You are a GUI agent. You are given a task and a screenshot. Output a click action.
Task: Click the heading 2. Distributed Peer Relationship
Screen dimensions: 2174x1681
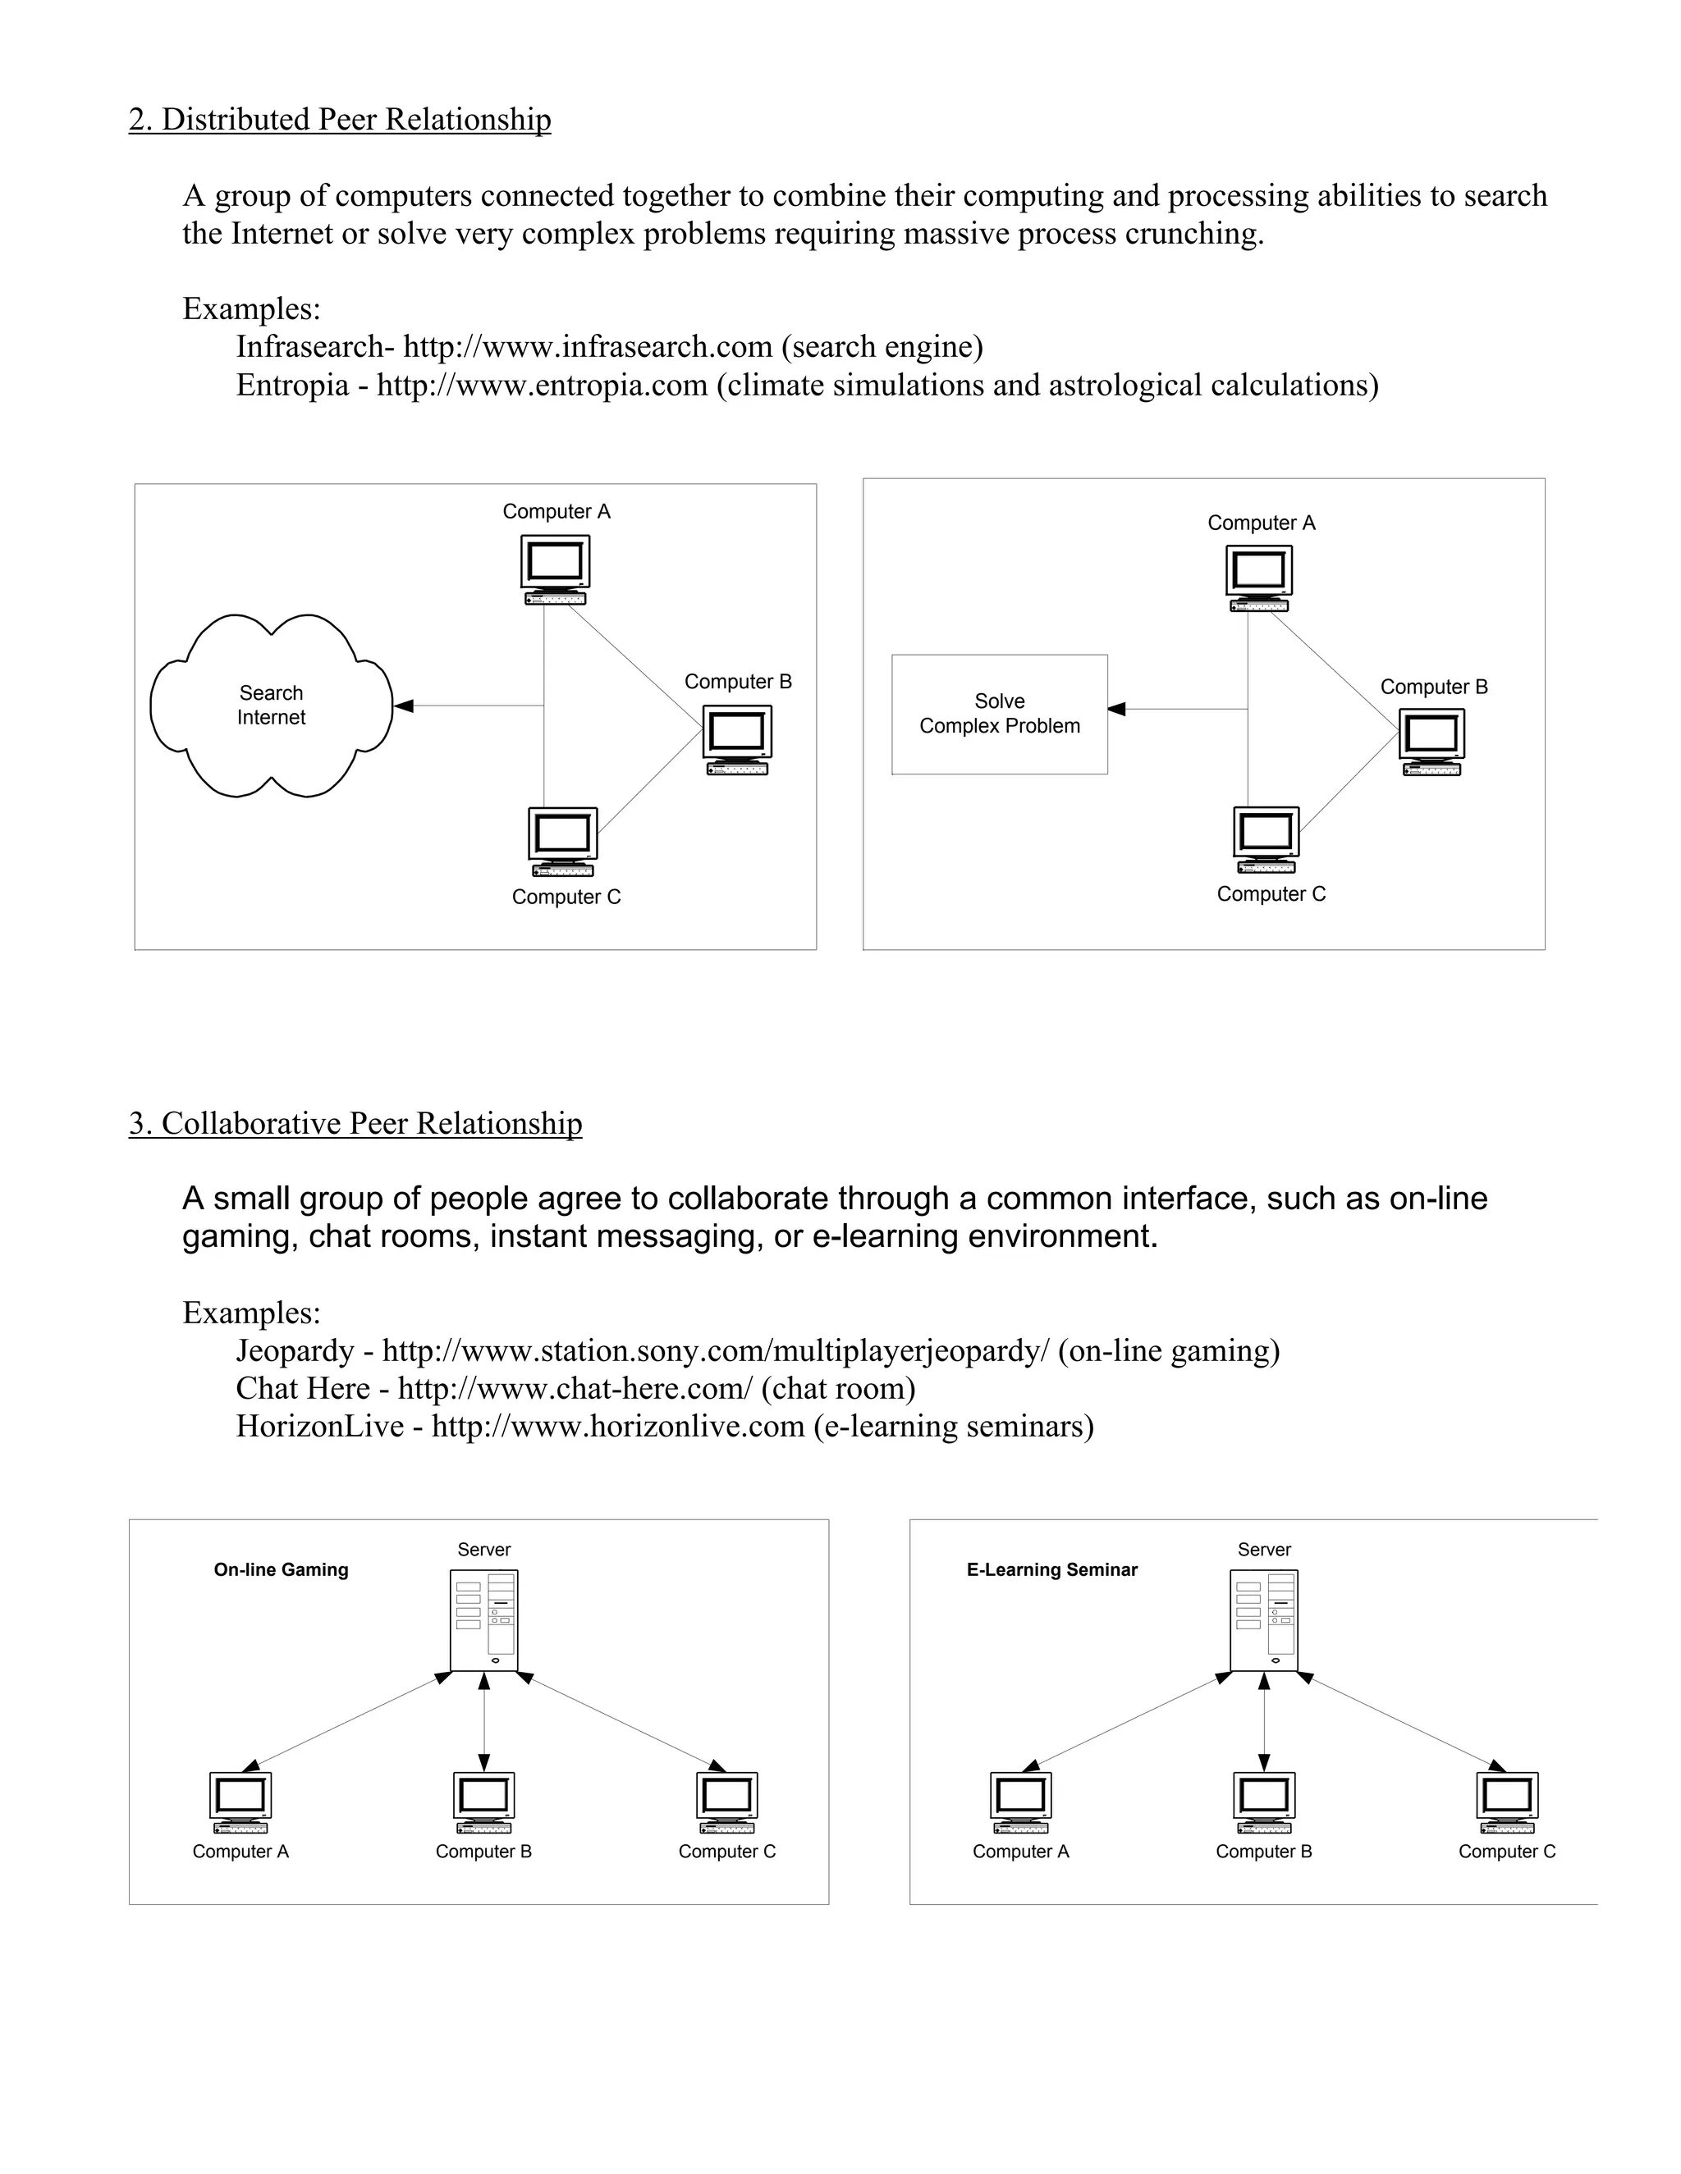(x=340, y=120)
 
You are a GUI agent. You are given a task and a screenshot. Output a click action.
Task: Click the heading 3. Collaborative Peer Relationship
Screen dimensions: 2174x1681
(x=355, y=1123)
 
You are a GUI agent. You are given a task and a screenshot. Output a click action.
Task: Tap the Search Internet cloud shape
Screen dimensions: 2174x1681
(x=271, y=705)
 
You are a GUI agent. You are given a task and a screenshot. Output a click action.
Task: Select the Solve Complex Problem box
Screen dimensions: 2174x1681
(x=999, y=714)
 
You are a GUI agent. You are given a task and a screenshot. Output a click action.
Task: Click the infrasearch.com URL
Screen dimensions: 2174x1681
(x=588, y=346)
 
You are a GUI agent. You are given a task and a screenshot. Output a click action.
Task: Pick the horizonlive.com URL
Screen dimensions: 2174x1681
(x=617, y=1426)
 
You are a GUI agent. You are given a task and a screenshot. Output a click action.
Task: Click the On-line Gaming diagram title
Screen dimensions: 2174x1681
(x=281, y=1569)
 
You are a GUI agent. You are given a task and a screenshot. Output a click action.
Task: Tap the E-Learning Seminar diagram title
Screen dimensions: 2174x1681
(x=1051, y=1569)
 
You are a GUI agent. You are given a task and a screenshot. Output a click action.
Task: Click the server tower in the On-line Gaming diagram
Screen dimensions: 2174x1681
(x=484, y=1620)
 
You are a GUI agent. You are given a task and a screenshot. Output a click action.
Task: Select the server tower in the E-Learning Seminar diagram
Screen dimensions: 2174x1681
(x=1264, y=1620)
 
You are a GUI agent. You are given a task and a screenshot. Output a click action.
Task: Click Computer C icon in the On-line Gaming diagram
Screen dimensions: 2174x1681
(x=727, y=1802)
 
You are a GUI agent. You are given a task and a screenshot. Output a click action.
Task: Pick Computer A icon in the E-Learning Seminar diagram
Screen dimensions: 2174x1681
(x=1021, y=1802)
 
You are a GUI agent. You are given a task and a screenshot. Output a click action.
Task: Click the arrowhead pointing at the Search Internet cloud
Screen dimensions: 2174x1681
(x=403, y=706)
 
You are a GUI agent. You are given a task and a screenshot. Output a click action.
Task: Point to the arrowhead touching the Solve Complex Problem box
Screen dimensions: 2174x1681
(x=1117, y=709)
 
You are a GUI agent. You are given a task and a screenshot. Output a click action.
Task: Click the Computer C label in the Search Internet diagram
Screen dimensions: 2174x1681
(x=566, y=897)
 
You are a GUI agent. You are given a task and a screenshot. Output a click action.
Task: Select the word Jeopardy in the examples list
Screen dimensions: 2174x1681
(x=295, y=1351)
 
